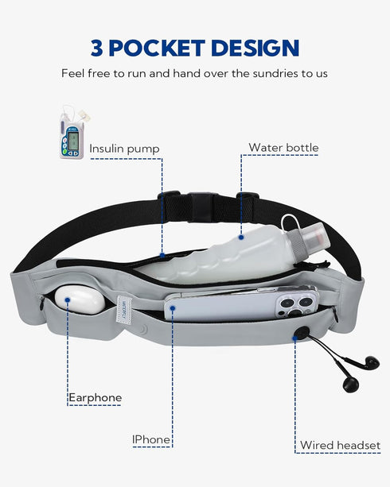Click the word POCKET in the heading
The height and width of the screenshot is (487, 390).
click(157, 48)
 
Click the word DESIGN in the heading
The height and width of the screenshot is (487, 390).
click(255, 48)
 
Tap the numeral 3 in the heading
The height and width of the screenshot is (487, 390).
click(97, 48)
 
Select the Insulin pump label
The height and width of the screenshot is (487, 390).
click(124, 149)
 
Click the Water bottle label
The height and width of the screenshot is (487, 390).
click(283, 147)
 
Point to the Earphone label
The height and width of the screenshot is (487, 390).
click(96, 397)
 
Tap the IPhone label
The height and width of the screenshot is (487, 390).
click(151, 439)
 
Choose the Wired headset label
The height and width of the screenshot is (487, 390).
click(340, 445)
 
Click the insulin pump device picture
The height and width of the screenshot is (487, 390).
click(72, 133)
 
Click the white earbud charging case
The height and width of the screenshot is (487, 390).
click(80, 300)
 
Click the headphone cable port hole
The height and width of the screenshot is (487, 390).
click(301, 333)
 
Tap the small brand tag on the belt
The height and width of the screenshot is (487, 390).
click(124, 309)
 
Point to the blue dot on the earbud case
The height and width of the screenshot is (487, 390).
click(68, 300)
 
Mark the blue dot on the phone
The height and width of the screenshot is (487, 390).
click(173, 308)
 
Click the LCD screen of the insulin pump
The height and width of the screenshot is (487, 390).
click(73, 140)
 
